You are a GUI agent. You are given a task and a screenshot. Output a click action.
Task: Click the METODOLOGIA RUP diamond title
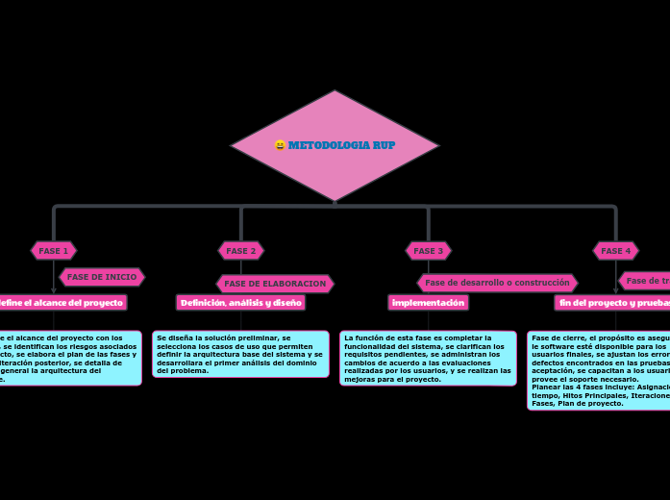[341, 145]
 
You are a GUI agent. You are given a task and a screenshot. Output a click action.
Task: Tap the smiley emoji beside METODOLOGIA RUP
[280, 145]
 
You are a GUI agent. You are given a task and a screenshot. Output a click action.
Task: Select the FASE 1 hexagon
[53, 251]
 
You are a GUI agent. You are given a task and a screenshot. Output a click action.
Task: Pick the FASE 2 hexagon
[240, 251]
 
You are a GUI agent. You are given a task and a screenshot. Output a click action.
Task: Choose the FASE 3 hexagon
[428, 251]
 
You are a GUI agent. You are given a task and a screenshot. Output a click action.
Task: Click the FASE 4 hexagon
[615, 251]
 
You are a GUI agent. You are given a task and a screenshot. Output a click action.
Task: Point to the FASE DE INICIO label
[102, 277]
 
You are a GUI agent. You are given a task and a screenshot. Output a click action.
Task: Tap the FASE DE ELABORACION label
[275, 284]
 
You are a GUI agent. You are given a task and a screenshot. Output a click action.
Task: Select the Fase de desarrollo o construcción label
[497, 283]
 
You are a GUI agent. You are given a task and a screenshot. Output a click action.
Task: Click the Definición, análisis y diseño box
[240, 303]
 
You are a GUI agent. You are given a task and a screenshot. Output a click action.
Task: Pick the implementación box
[428, 303]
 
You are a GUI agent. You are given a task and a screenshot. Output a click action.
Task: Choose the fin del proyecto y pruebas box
[612, 303]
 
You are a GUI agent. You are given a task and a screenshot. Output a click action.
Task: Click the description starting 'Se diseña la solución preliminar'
[240, 354]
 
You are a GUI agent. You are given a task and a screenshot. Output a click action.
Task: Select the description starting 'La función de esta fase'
[428, 358]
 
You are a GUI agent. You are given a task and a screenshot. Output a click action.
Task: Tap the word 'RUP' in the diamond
[383, 145]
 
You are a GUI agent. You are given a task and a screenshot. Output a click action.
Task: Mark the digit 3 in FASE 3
[440, 251]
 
